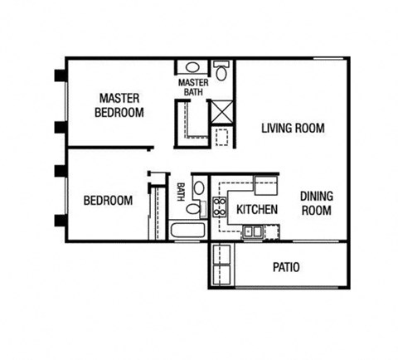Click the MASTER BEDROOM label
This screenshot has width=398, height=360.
tap(119, 105)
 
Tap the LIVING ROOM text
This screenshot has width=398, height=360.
tap(292, 129)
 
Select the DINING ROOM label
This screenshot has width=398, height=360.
tap(316, 203)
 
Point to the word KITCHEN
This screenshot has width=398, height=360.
tap(257, 210)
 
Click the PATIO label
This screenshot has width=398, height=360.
tap(286, 268)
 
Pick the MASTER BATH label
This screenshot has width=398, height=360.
tap(192, 86)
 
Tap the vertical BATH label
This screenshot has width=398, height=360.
tap(180, 192)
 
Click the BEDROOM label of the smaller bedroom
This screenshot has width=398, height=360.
tap(108, 201)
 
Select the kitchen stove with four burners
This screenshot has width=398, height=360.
tap(221, 207)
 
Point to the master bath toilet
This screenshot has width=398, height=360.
tap(221, 71)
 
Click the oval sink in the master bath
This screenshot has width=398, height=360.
tap(192, 67)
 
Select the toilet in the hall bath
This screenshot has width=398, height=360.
tap(193, 210)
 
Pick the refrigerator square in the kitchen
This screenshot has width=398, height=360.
tap(265, 184)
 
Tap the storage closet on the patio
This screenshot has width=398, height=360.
tap(222, 265)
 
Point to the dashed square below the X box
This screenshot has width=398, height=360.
tap(222, 138)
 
